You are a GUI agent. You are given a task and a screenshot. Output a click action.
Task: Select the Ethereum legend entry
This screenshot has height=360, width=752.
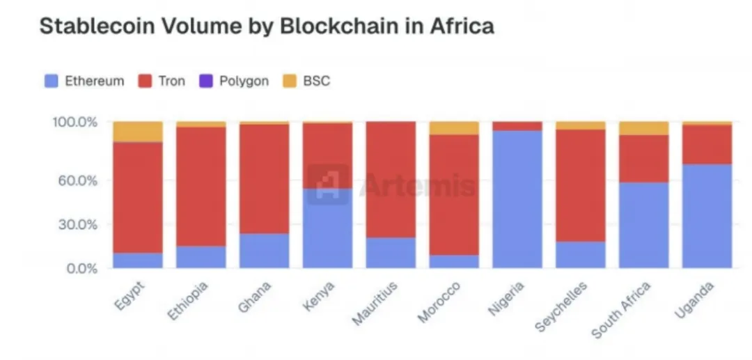(x=84, y=81)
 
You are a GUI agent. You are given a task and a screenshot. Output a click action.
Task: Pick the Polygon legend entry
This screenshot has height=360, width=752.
(x=234, y=81)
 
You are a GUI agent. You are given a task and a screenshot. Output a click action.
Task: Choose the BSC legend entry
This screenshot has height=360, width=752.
(x=307, y=81)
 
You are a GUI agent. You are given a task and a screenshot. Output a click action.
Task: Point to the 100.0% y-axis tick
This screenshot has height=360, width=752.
(x=75, y=123)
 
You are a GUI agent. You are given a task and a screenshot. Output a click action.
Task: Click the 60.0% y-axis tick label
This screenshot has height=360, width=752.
(x=77, y=180)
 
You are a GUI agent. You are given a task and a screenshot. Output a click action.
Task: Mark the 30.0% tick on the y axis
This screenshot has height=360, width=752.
(x=77, y=224)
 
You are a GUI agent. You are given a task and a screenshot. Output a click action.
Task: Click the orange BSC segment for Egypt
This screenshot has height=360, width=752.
(x=137, y=132)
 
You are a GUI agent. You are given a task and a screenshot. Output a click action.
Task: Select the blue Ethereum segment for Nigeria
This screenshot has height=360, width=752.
(x=517, y=199)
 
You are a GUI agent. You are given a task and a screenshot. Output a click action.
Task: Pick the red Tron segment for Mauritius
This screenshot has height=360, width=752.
(x=391, y=179)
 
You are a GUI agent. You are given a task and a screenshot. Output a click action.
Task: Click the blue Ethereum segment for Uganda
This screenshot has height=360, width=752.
(x=707, y=216)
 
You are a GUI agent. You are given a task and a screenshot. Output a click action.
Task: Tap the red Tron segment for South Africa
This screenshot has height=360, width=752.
(x=643, y=158)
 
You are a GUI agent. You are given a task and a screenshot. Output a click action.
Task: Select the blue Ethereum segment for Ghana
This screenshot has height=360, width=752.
(x=264, y=251)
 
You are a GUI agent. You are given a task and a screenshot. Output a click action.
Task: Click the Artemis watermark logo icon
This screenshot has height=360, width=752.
(x=328, y=184)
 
